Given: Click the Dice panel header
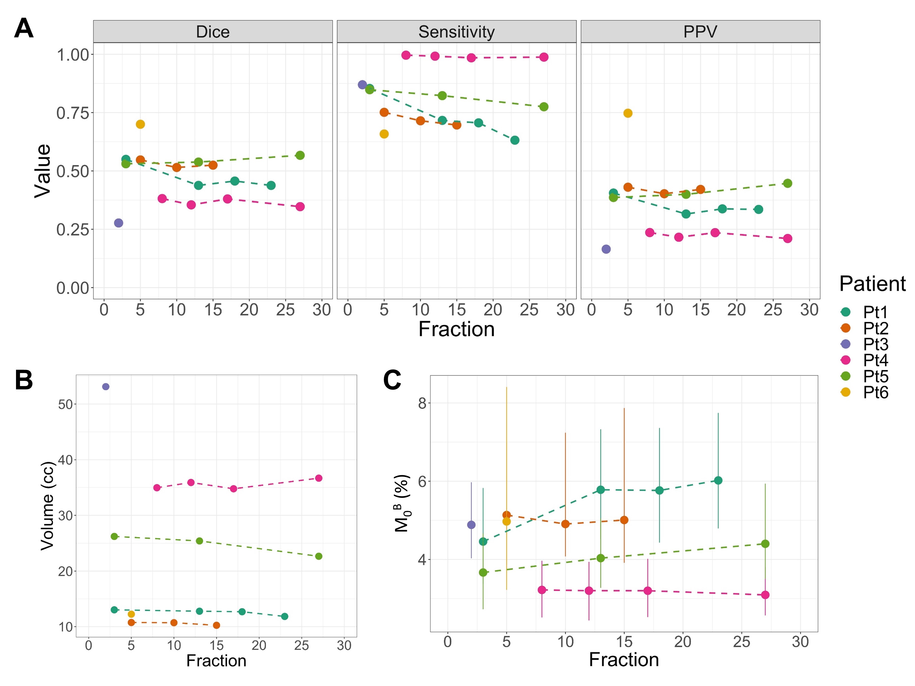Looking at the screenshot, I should (x=213, y=32).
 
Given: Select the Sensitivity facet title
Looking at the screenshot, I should (x=456, y=32).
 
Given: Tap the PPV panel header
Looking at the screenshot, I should (x=700, y=32).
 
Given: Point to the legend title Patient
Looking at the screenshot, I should (x=872, y=284).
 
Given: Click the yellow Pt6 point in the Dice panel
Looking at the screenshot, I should (x=140, y=124).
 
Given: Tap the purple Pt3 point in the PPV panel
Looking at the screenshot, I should (x=606, y=249).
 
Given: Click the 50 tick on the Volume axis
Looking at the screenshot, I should (x=65, y=404).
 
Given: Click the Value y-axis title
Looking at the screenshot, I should (x=43, y=171).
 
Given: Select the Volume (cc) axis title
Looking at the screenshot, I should (x=47, y=506).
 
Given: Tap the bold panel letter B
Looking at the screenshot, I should (x=24, y=380).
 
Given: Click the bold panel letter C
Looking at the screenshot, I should (x=392, y=380).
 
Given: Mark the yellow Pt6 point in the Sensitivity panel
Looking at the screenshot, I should (x=384, y=134).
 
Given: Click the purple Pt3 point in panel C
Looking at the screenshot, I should (x=471, y=525).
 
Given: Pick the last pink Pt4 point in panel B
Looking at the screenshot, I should (x=318, y=478).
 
